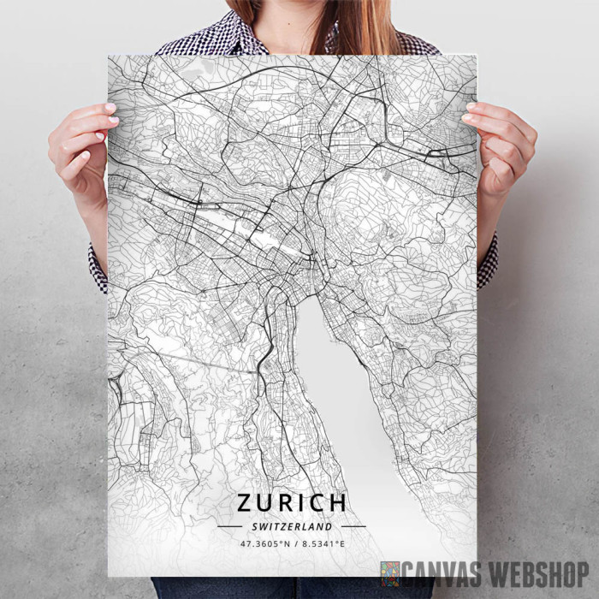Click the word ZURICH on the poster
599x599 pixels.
(292, 503)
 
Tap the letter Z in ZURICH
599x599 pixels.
(246, 503)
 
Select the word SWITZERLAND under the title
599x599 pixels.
(292, 526)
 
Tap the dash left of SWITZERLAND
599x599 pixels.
(229, 526)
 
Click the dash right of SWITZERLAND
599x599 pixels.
(353, 526)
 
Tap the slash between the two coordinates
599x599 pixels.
(292, 543)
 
